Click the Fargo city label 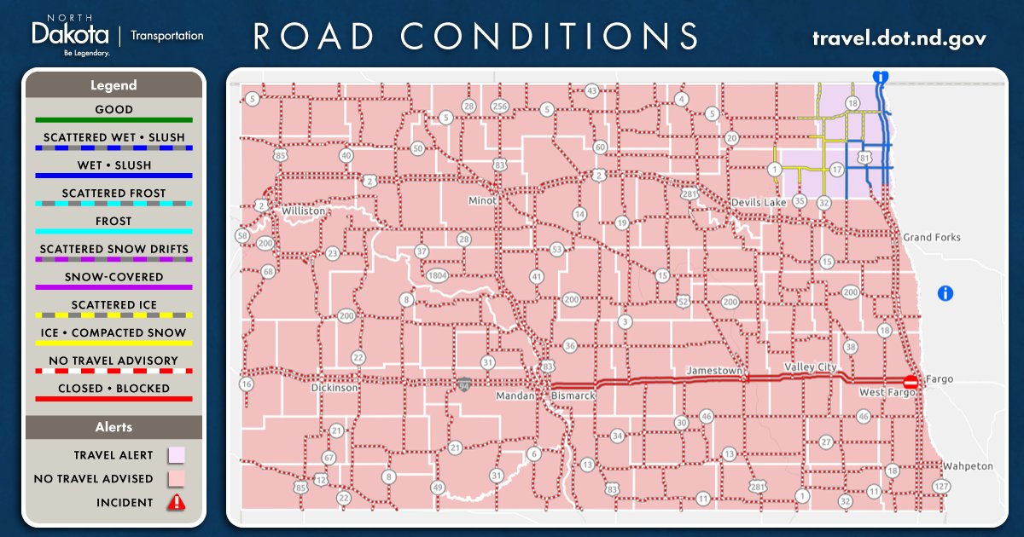[x=940, y=379]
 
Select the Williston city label [x=304, y=211]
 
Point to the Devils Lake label [x=758, y=202]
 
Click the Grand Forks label [x=932, y=237]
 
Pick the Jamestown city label [x=714, y=372]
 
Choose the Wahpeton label [x=968, y=466]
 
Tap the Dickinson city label [x=335, y=387]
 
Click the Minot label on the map [x=482, y=200]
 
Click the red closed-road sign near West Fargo [x=911, y=383]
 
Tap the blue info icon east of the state [x=945, y=293]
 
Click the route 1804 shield [x=438, y=275]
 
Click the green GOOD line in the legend [x=113, y=120]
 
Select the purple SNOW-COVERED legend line [x=113, y=287]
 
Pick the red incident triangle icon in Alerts [x=176, y=502]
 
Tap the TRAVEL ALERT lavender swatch [x=176, y=455]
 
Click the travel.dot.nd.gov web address [x=899, y=38]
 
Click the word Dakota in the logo [x=70, y=34]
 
